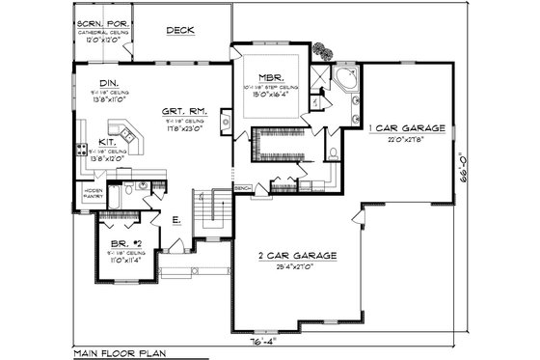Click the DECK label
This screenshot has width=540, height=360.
pyautogui.click(x=180, y=30)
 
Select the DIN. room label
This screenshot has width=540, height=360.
pyautogui.click(x=109, y=83)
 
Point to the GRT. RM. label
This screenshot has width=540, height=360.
pyautogui.click(x=181, y=111)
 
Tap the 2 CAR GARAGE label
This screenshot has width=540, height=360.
pyautogui.click(x=299, y=255)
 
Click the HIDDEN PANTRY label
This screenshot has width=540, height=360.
pyautogui.click(x=94, y=193)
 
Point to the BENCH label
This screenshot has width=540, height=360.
pyautogui.click(x=243, y=187)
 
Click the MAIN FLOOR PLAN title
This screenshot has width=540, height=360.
pyautogui.click(x=119, y=353)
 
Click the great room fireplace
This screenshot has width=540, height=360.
pyautogui.click(x=225, y=122)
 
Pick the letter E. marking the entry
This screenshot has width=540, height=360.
pyautogui.click(x=175, y=221)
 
